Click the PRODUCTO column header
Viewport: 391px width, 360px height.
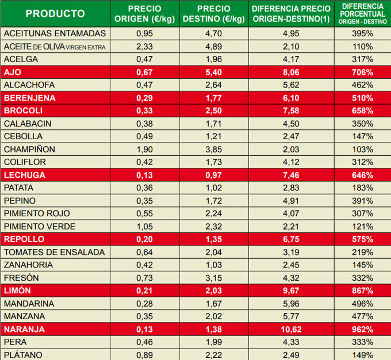point(55,14)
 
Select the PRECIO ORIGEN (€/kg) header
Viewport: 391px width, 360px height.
point(145,14)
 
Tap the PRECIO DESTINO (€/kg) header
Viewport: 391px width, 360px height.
point(213,14)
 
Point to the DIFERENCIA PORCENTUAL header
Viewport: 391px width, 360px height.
point(362,13)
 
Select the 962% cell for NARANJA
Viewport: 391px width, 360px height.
point(362,330)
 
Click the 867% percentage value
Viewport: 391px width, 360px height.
point(362,291)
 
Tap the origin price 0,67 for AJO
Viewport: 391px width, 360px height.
point(145,72)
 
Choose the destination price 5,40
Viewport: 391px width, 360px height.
point(213,72)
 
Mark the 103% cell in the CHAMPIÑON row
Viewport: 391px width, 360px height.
point(362,149)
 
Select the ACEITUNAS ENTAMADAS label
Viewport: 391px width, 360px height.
point(55,33)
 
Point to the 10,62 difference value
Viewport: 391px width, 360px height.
point(292,330)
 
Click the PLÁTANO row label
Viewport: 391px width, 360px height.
point(23,355)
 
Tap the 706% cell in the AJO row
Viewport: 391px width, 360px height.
point(362,72)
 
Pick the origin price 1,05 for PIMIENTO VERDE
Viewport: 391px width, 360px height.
point(145,227)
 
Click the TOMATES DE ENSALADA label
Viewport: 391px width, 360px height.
point(55,252)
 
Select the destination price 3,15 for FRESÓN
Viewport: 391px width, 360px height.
point(213,278)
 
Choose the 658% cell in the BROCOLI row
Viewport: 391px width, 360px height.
point(362,110)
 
